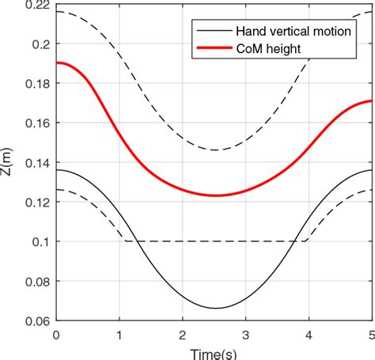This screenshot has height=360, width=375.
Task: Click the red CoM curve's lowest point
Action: pos(215,195)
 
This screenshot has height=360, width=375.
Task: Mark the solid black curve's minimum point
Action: pos(215,308)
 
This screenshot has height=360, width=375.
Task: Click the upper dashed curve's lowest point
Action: pos(215,150)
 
